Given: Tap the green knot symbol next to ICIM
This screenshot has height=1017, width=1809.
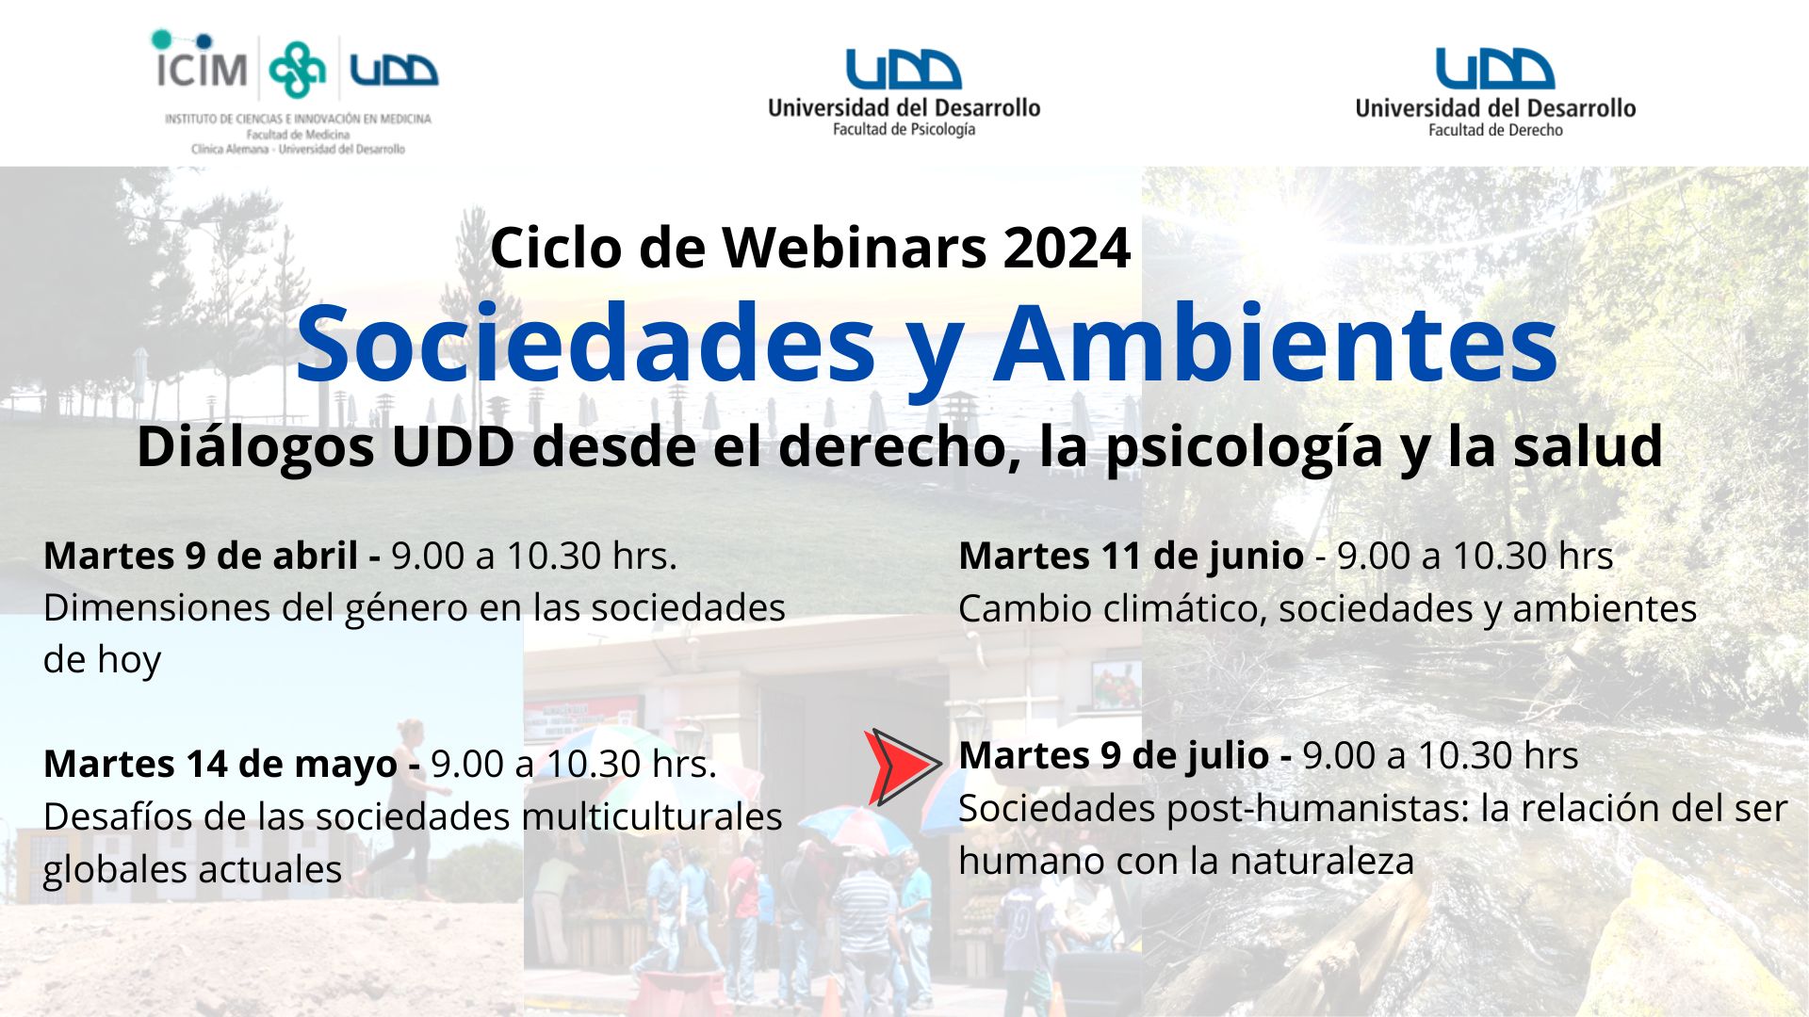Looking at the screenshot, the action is click(297, 69).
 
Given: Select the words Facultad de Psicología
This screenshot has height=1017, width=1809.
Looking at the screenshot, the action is click(904, 130).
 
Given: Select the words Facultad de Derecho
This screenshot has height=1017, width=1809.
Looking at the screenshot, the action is click(1495, 130).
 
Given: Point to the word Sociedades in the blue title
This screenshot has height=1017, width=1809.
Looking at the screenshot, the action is click(586, 343).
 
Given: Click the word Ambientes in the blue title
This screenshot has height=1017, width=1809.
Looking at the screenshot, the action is click(1276, 343).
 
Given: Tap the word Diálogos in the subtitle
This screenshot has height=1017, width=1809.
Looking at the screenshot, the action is click(255, 446).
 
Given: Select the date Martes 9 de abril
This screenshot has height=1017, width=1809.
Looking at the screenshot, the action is click(201, 556).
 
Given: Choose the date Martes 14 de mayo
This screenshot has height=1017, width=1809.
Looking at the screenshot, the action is click(220, 764).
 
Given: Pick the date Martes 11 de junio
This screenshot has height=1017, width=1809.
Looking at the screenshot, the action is click(1132, 556).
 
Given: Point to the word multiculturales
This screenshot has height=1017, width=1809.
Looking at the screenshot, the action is click(652, 816).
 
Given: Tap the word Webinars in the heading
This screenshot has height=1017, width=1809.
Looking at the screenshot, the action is click(855, 248).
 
